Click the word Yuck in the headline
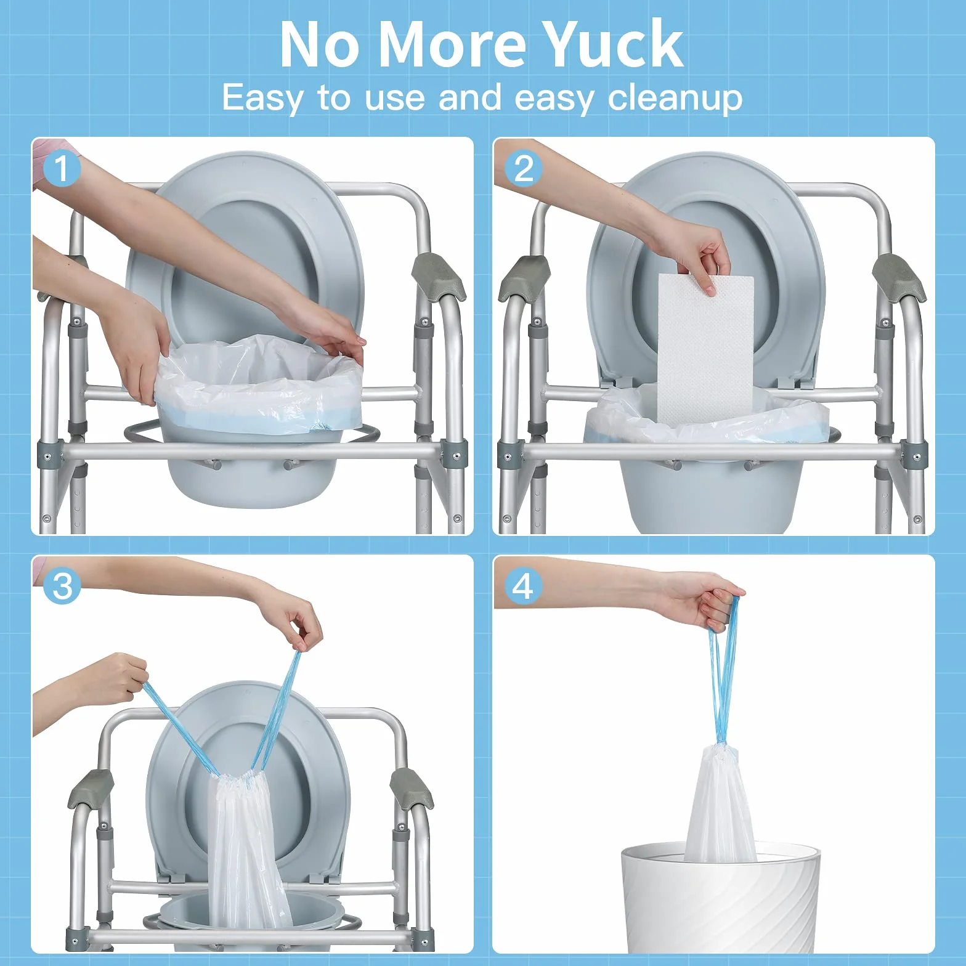click(x=614, y=44)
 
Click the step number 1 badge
click(x=62, y=168)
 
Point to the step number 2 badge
click(x=524, y=168)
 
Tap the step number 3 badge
click(x=62, y=586)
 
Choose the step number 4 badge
click(x=524, y=586)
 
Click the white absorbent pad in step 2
click(x=706, y=349)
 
